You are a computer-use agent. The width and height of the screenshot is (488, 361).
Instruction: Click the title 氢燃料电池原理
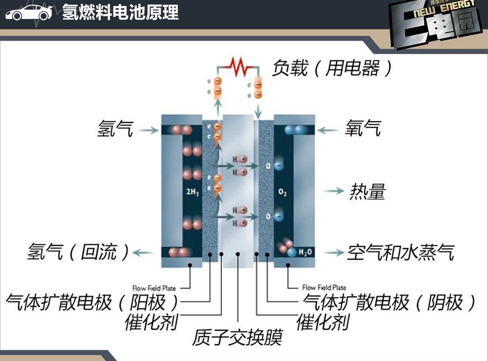(120, 12)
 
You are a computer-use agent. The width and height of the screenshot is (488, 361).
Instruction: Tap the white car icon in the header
(28, 13)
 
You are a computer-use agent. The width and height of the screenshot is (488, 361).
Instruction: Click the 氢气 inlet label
(115, 129)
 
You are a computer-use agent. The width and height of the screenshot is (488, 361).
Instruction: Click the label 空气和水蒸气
(400, 253)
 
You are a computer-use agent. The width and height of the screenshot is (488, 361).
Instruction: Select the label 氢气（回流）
(78, 252)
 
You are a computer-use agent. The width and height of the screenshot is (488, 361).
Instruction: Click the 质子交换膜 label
(238, 337)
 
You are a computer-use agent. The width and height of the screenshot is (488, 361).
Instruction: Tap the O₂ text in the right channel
(283, 193)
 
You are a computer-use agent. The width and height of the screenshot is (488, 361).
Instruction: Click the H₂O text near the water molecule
(305, 252)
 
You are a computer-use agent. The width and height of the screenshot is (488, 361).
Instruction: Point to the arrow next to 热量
(334, 191)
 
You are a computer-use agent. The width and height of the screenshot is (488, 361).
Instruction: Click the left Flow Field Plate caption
(154, 288)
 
